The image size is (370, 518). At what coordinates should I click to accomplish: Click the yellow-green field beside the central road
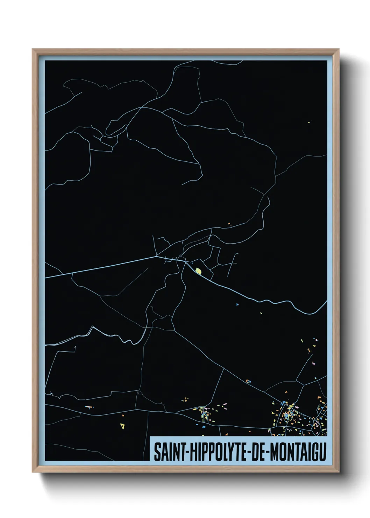tap(198, 271)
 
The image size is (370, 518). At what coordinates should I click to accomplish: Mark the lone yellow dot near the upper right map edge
tap(309, 122)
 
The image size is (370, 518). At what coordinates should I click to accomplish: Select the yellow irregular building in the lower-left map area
tap(122, 426)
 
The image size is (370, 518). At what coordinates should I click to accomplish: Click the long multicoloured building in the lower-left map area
tap(90, 407)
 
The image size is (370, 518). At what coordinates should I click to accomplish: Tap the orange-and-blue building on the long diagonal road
tap(248, 381)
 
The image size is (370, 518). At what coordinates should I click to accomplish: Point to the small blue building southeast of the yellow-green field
tap(237, 305)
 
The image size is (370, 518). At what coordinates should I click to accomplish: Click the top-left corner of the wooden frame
tap(33, 49)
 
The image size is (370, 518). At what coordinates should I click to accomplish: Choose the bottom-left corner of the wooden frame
tap(33, 472)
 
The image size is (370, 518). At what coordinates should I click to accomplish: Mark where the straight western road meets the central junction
tap(156, 257)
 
